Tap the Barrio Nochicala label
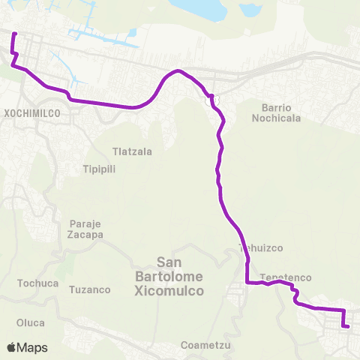click(x=281, y=112)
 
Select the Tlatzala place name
click(x=132, y=151)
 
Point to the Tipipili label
click(x=98, y=169)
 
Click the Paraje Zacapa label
click(x=85, y=229)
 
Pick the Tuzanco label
click(x=89, y=289)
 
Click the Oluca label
click(x=31, y=322)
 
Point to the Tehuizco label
click(x=259, y=247)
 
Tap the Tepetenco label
click(x=286, y=277)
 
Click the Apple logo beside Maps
click(x=13, y=347)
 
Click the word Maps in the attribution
click(x=33, y=347)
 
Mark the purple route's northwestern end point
click(x=15, y=33)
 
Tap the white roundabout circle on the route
click(x=211, y=97)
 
